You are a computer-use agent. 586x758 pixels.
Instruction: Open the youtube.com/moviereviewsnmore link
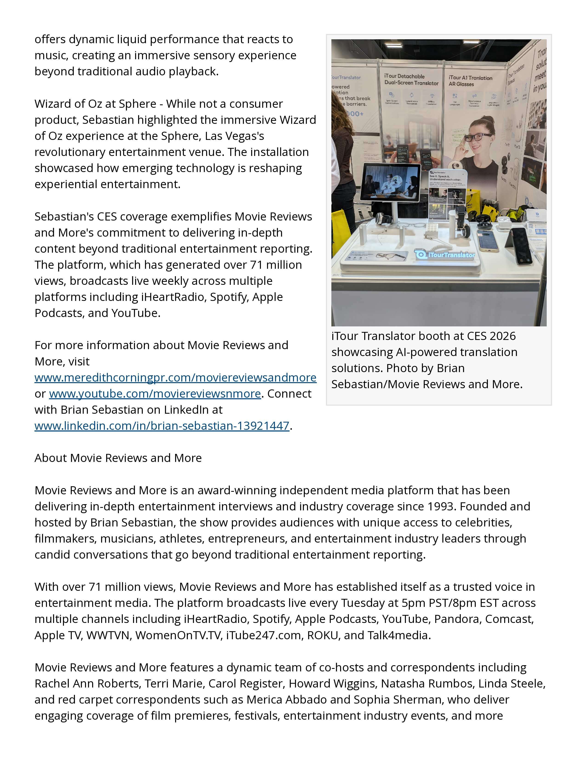(x=155, y=393)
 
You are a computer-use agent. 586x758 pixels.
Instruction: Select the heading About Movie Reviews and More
(x=118, y=458)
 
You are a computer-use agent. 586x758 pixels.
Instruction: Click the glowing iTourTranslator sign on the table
(x=445, y=255)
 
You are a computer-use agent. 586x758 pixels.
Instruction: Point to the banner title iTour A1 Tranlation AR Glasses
(x=470, y=81)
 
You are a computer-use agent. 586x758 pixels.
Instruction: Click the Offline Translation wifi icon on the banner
(x=432, y=96)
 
